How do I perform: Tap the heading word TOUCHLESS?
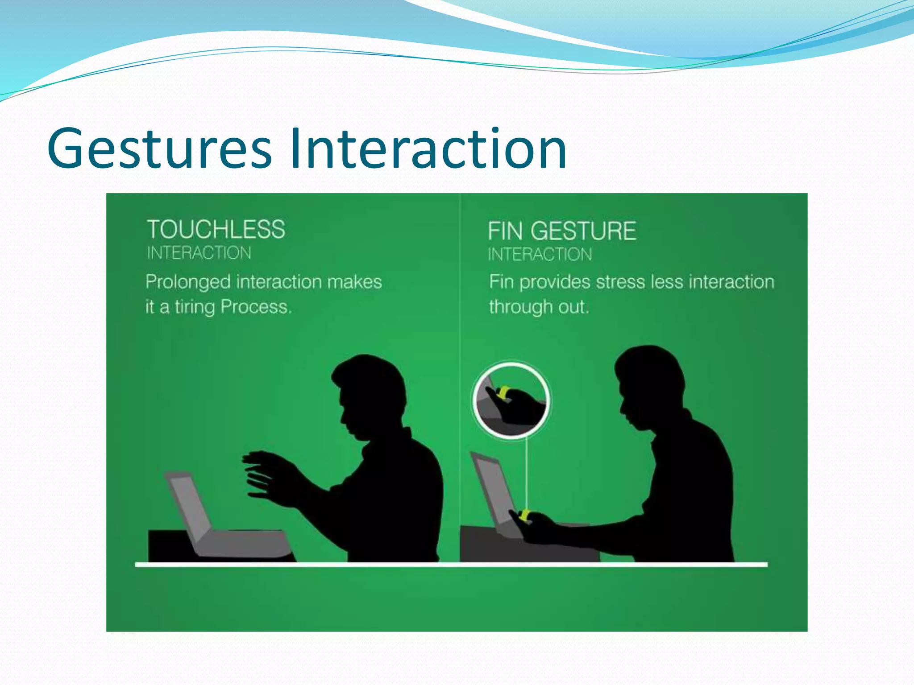point(216,230)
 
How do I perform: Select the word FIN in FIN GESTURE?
point(505,231)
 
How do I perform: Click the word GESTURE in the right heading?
point(583,231)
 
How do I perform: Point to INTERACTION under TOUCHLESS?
point(199,253)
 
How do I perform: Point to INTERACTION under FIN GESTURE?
point(540,255)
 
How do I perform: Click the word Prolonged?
point(188,282)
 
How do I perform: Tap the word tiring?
point(195,307)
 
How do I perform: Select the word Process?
point(256,307)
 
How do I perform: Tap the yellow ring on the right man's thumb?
point(525,516)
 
